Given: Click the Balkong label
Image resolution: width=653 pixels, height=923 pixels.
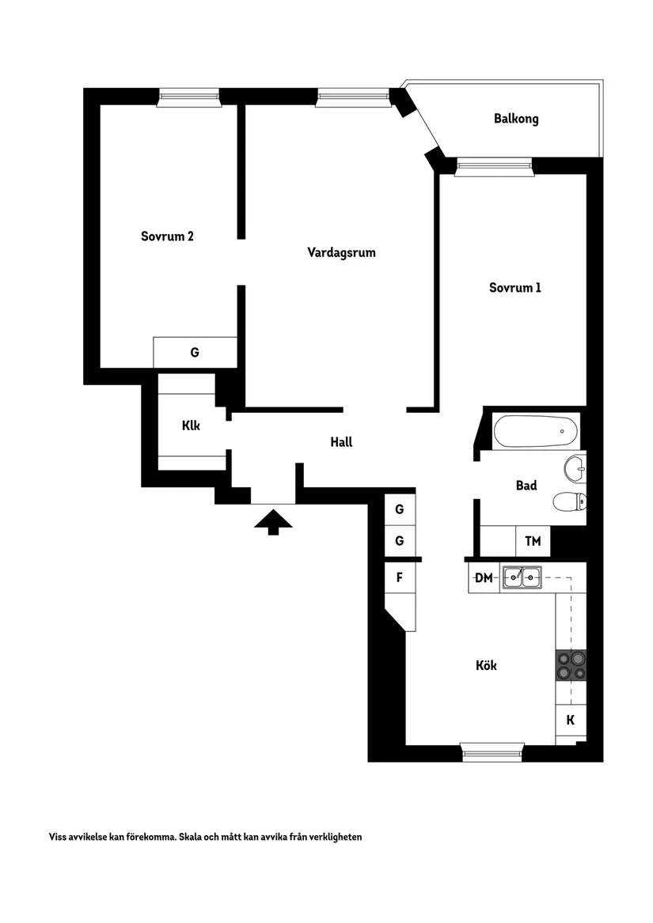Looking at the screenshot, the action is (x=516, y=119).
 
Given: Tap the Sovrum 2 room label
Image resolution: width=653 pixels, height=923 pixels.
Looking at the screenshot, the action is (x=167, y=236).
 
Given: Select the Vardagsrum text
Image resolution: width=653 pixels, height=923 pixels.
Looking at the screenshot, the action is (x=341, y=252).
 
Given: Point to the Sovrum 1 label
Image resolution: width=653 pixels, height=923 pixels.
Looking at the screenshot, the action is (x=515, y=287).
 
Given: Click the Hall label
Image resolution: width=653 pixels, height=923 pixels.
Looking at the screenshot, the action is (x=341, y=442).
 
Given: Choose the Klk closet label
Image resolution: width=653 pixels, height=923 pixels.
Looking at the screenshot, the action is (x=191, y=426).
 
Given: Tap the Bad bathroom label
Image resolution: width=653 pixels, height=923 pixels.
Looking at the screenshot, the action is (x=526, y=486).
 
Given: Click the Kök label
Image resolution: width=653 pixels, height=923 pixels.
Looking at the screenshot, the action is (x=486, y=665).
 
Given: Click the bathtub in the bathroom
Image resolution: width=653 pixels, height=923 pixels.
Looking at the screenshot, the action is (x=537, y=432).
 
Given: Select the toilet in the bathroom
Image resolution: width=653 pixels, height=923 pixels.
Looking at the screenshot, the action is (x=570, y=501).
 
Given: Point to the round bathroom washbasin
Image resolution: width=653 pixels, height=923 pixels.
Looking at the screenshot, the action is (x=575, y=469).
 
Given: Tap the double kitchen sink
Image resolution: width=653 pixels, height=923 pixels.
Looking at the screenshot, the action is (x=522, y=577).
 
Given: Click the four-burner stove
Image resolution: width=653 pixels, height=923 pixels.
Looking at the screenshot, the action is (x=571, y=665).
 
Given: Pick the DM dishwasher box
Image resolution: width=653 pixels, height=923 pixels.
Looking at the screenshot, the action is (x=484, y=577).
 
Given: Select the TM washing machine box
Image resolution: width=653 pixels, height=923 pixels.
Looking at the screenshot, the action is (x=533, y=541).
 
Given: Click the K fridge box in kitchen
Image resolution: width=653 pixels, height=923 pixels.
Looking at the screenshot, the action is (x=571, y=720).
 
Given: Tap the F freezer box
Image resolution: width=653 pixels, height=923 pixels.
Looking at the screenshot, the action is (x=400, y=577).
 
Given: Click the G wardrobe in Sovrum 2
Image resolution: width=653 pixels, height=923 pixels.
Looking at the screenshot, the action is (x=195, y=353).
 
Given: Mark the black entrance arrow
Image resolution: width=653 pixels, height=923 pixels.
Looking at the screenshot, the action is (x=273, y=522).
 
